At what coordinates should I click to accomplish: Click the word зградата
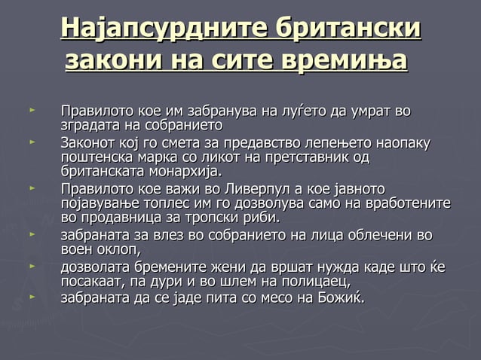(88, 125)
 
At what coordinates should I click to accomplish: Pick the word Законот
(88, 142)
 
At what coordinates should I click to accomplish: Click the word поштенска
(94, 157)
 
